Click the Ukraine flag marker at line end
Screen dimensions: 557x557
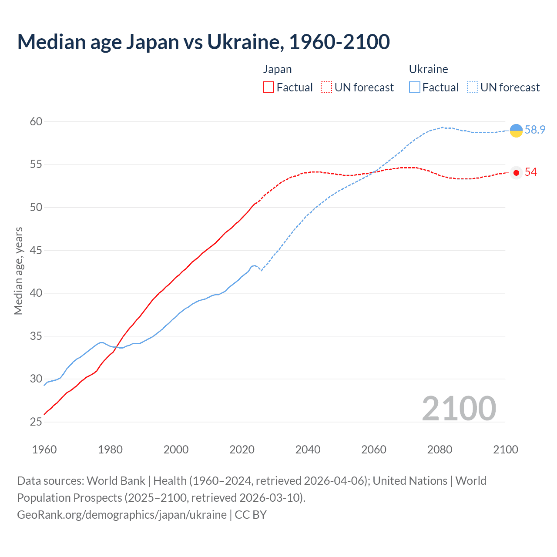pos(516,131)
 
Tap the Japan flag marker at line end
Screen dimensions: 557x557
pos(516,173)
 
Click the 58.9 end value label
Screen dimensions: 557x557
pos(535,130)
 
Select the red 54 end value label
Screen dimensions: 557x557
pos(530,172)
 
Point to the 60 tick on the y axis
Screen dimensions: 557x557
pos(36,121)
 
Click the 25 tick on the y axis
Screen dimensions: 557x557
pos(36,422)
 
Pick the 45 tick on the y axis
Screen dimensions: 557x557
pos(36,250)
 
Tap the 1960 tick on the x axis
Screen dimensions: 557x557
pos(44,450)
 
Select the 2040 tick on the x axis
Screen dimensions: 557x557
pos(308,450)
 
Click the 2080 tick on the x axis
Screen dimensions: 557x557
pos(440,450)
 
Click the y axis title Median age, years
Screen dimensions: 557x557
pos(18,271)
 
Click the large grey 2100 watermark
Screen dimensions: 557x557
pos(459,408)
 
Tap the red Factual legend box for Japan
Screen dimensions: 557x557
pos(268,87)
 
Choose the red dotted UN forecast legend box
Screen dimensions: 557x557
pos(326,87)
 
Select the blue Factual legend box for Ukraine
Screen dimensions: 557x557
pos(415,87)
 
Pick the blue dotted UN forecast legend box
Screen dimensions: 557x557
pos(472,87)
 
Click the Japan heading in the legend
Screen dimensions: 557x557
pos(277,69)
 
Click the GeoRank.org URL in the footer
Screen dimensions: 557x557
pos(122,514)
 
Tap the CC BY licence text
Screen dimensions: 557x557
pos(251,514)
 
